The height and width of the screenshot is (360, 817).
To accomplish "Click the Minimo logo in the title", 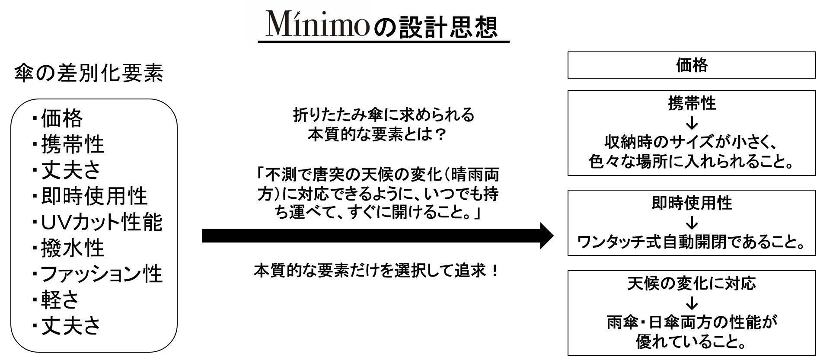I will pos(317,24).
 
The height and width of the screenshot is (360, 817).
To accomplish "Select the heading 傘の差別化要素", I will pos(89,73).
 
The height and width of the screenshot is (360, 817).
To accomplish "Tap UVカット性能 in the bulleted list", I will pos(101,222).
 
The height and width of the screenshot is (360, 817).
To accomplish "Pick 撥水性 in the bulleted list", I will pos(73,248).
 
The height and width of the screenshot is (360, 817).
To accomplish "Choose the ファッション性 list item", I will pos(101,274).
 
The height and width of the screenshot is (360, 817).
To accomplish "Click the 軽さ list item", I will pos(60,299).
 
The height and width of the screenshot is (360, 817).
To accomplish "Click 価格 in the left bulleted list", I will pos(61,118).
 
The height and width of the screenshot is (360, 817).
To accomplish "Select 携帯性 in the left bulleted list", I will pos(73,144).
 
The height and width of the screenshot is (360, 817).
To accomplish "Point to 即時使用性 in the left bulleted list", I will pos(94,196).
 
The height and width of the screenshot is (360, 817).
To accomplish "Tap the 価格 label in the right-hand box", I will pos(691,65).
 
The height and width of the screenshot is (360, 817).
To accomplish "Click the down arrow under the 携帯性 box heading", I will pos(692,123).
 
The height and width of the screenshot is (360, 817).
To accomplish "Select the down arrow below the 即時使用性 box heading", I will pos(692,223).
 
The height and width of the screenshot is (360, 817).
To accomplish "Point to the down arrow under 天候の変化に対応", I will pos(692,303).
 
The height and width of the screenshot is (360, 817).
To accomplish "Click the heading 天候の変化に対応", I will pos(691,284).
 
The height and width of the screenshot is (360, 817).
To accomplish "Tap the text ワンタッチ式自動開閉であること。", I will pos(691,242).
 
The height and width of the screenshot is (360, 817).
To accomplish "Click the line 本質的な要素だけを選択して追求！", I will pos(377,271).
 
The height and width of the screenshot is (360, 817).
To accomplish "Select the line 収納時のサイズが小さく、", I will pos(691,142).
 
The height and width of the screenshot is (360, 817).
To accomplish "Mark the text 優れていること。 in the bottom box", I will pos(691,342).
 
